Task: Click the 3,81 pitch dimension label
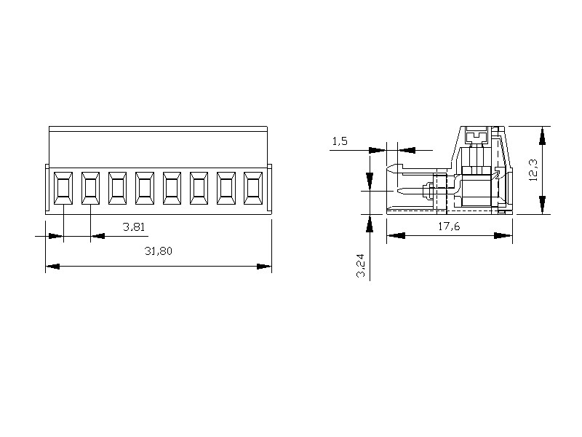click(x=134, y=227)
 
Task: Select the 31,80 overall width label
click(x=159, y=251)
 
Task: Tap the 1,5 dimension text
click(x=340, y=141)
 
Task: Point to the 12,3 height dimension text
click(x=533, y=170)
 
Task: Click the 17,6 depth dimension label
click(x=449, y=226)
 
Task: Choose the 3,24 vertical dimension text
click(x=361, y=266)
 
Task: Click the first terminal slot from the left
click(x=63, y=188)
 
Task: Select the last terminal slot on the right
click(x=253, y=188)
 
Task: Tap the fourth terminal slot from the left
click(x=145, y=188)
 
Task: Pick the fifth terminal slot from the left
click(x=172, y=188)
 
